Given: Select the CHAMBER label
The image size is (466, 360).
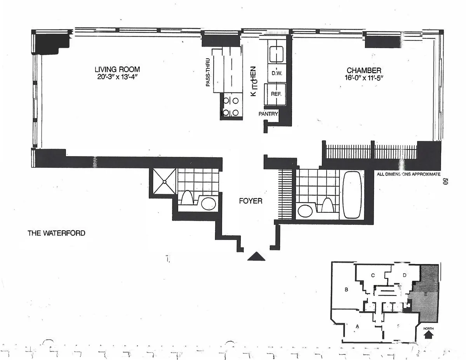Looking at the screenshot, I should click(x=364, y=70).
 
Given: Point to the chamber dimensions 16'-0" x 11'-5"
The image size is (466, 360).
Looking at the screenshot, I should click(x=364, y=78).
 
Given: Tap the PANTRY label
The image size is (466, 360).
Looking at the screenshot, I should click(x=269, y=114).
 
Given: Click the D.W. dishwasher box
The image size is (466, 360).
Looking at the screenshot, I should click(x=276, y=73).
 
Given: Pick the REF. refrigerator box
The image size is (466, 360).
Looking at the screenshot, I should click(x=276, y=94).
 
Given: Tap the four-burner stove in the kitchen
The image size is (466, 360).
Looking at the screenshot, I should click(x=230, y=107).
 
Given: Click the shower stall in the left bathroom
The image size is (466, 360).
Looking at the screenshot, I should click(x=163, y=181).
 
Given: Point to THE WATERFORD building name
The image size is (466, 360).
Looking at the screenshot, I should click(x=56, y=234).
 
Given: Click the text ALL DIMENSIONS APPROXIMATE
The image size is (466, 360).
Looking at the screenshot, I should click(x=409, y=174).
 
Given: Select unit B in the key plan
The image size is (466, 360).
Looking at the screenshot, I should click(x=345, y=289).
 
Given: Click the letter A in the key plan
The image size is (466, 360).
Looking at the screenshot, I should click(x=357, y=327).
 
